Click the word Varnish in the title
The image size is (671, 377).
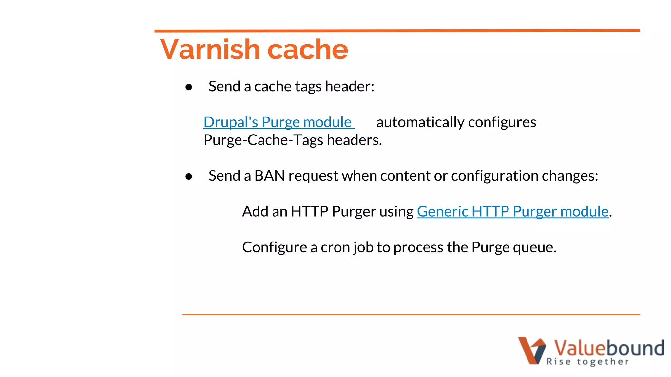pos(210,49)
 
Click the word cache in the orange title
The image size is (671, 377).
pos(308,49)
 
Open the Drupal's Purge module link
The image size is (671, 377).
pos(278,122)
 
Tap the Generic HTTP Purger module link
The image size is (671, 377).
pos(512,211)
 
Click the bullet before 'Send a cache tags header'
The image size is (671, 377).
pos(189,87)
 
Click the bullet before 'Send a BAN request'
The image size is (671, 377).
pos(189,177)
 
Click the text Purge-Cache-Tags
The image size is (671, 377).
pos(263,140)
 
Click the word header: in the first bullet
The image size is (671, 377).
pos(350,86)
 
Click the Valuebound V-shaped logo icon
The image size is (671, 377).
pos(531,350)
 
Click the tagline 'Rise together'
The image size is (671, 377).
pos(587,362)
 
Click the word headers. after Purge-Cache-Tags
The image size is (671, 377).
pos(355,140)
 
